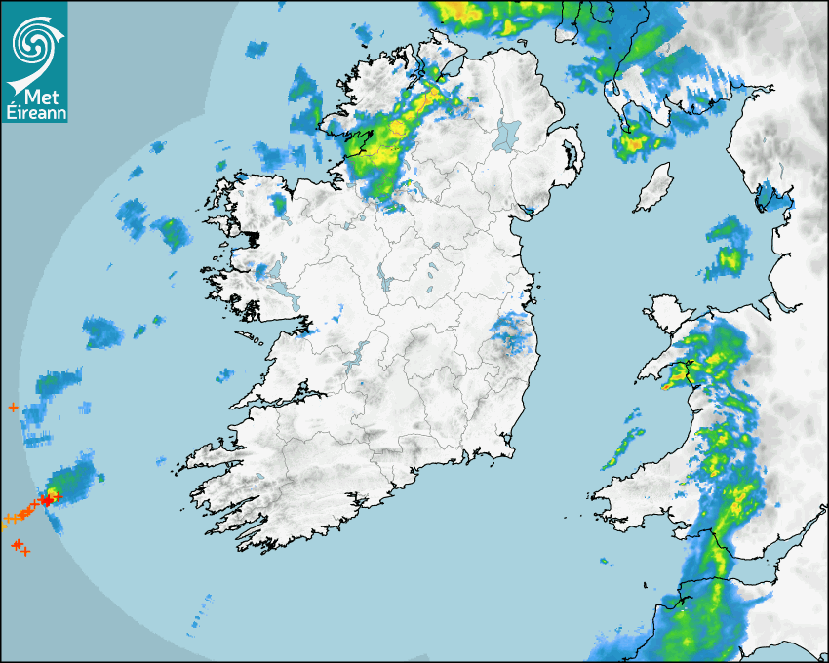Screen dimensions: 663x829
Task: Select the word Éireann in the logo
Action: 34,113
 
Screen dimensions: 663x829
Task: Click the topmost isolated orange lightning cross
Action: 12,407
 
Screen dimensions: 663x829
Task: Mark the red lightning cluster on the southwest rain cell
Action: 46,499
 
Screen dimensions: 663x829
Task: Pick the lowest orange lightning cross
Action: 25,552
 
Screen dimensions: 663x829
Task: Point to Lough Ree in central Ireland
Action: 382,283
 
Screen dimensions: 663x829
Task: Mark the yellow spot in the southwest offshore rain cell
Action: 68,479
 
